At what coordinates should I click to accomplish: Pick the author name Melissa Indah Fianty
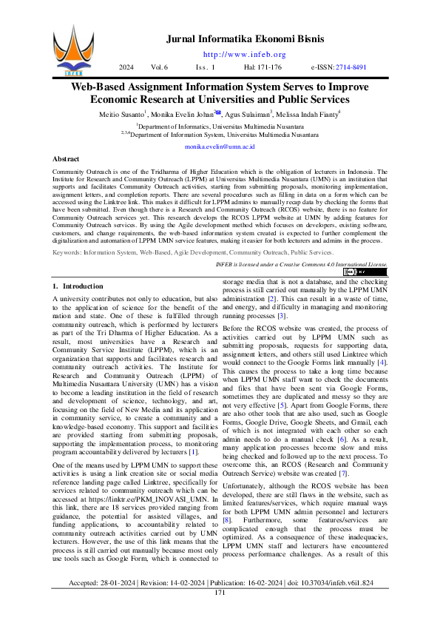tap(306, 115)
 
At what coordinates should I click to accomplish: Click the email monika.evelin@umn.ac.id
tap(220, 147)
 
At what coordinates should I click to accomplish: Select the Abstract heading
tap(67, 160)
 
